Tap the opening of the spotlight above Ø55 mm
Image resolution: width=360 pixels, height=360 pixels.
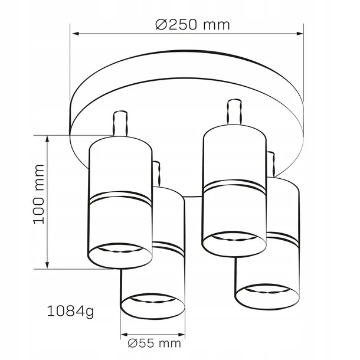152,304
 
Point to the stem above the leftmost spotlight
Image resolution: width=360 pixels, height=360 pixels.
121,124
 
